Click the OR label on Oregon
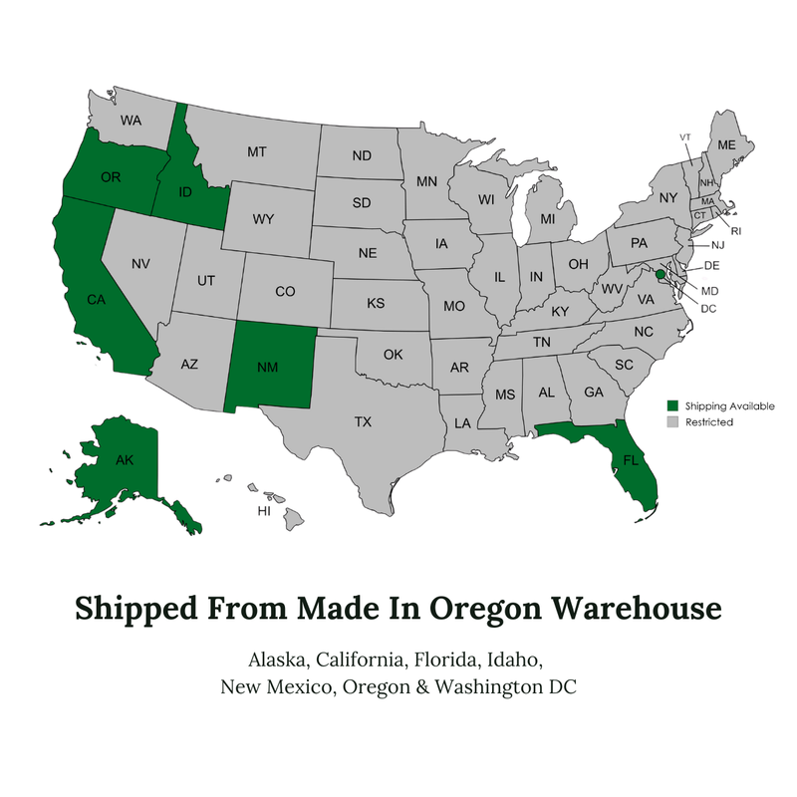point(111,177)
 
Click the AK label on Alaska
point(125,460)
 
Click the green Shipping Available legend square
point(672,405)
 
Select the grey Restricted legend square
point(672,421)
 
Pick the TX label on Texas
point(363,422)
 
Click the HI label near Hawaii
point(264,511)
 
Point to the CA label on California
point(96,298)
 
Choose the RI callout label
point(736,230)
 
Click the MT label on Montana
point(256,152)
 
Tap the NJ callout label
point(717,245)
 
